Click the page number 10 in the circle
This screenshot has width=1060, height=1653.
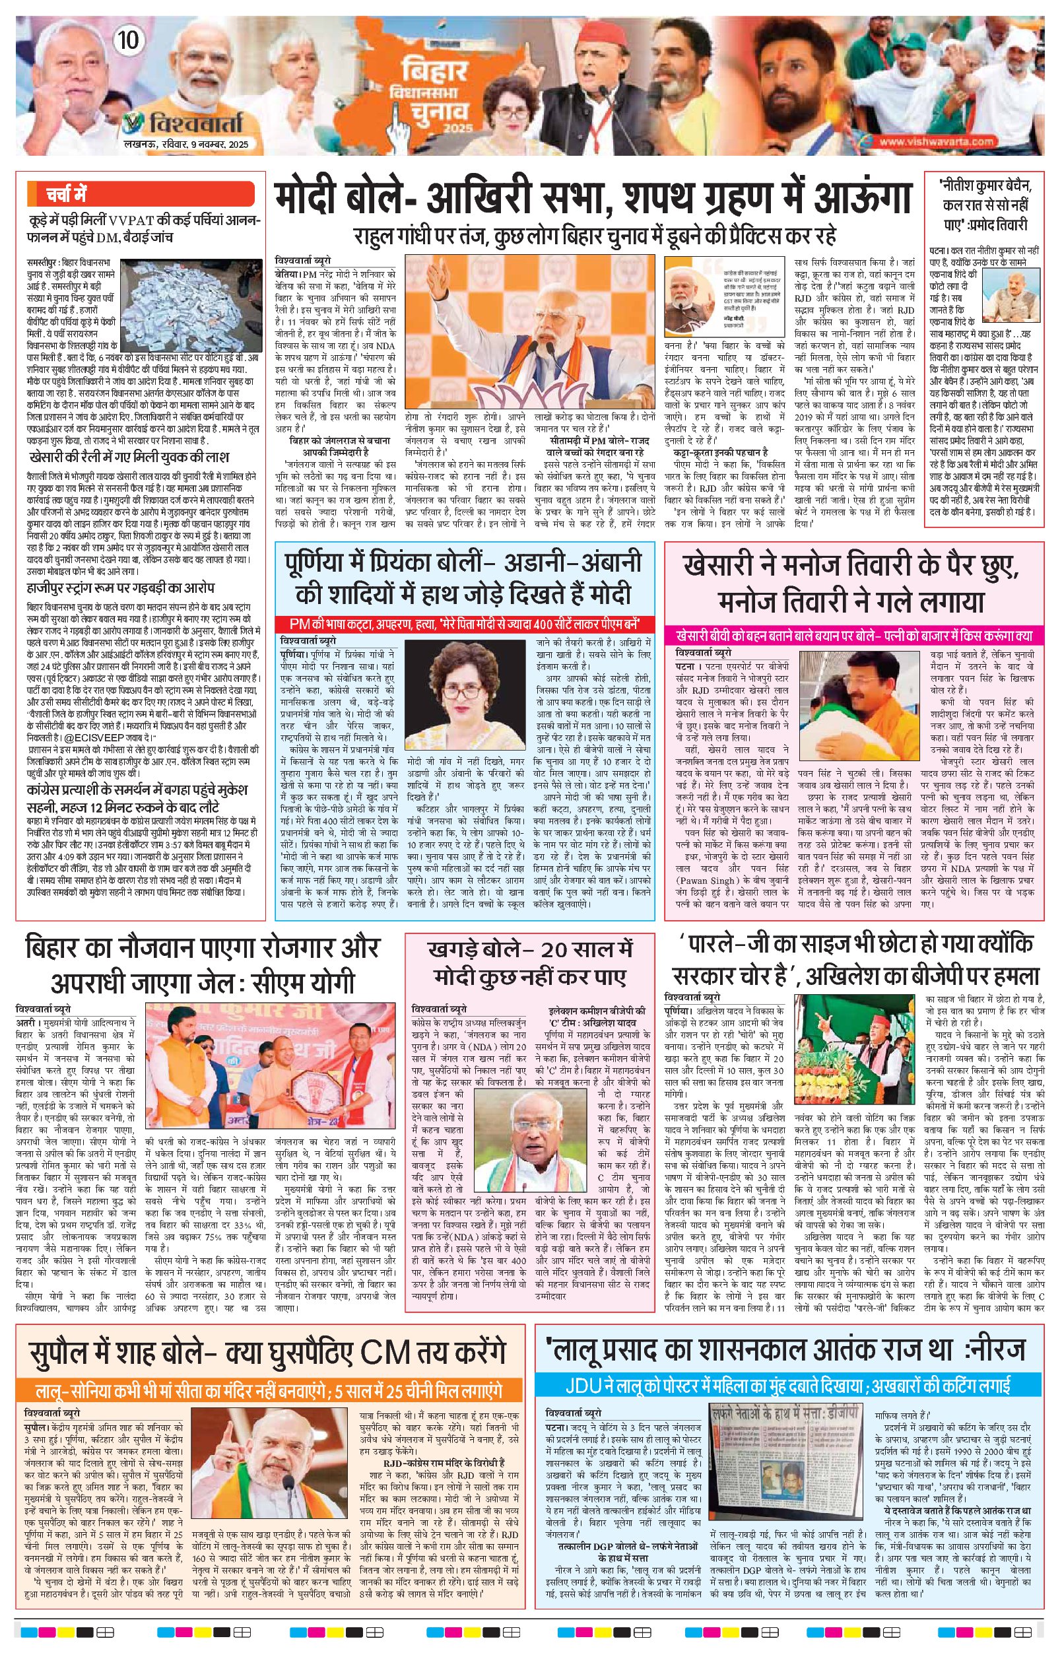point(128,40)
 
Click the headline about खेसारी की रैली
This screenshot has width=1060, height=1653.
point(129,457)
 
